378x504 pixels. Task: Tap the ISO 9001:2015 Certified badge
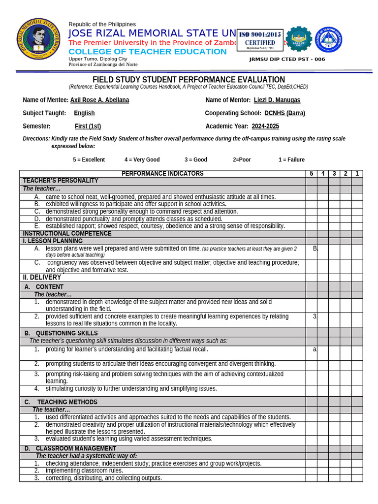coord(260,40)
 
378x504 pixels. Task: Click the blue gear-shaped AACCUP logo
coord(298,39)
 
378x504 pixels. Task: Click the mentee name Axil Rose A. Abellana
coord(99,100)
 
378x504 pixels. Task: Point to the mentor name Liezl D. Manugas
coord(277,100)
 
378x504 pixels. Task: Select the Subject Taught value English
coord(84,113)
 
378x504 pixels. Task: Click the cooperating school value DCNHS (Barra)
coord(284,113)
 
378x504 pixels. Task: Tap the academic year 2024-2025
coord(265,126)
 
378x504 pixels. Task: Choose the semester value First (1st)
coord(88,126)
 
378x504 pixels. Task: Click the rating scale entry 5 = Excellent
coord(89,159)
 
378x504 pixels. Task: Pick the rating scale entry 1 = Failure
coord(291,159)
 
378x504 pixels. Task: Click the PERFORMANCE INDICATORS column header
coord(162,174)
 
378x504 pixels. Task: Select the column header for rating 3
coord(334,174)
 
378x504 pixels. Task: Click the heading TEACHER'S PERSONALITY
coord(61,181)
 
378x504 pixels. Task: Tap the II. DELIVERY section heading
coord(42,278)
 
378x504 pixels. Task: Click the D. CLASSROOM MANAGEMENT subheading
coord(70,448)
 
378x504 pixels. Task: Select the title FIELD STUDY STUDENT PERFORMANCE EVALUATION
coord(189,80)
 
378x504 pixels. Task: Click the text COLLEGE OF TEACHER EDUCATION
coord(148,52)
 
